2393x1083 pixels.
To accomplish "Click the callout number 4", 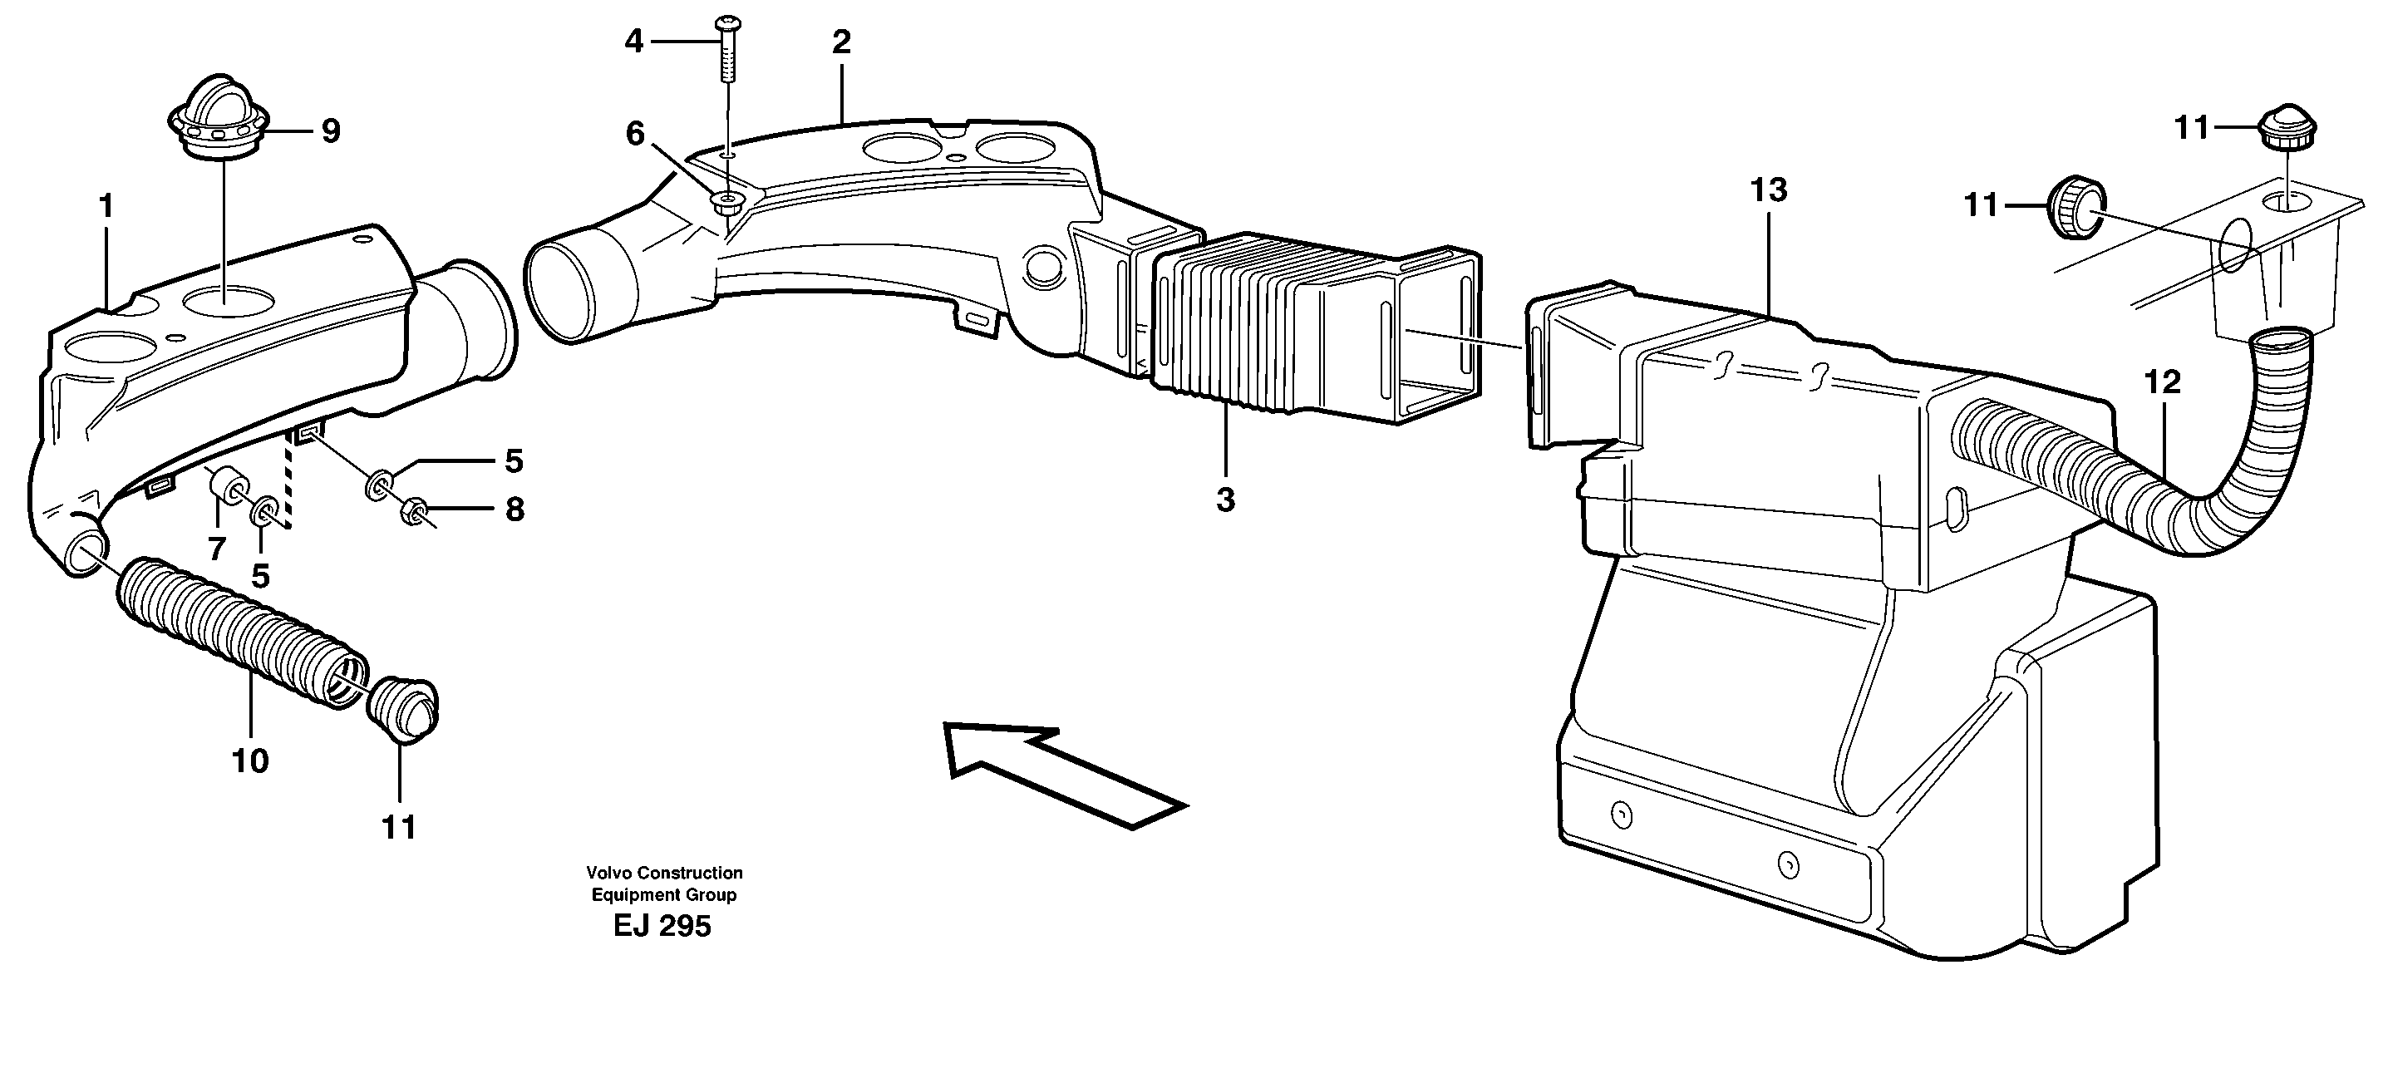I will pos(633,41).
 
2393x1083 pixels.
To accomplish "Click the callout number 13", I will pos(1768,190).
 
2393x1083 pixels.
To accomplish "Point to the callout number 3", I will pos(1225,500).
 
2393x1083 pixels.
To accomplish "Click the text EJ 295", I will pos(662,926).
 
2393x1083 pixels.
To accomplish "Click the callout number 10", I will pos(250,761).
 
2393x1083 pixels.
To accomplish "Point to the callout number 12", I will pos(2162,382).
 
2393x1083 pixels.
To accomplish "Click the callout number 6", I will pos(634,135).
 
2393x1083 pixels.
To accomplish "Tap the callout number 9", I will pos(331,131).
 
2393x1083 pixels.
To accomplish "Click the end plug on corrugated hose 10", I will pos(403,708).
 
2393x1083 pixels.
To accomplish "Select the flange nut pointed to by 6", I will pos(726,226).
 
